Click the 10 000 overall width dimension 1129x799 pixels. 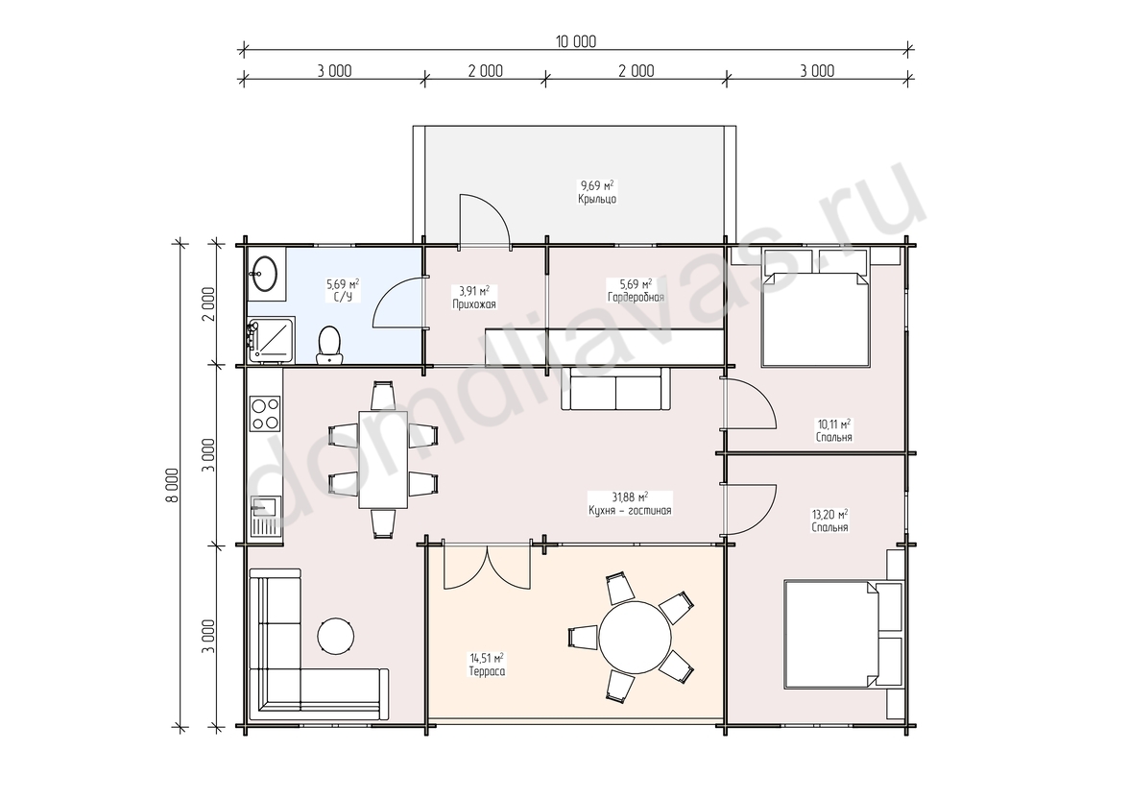click(x=575, y=42)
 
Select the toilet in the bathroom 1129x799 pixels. click(x=330, y=344)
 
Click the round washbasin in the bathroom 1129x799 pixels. click(x=264, y=273)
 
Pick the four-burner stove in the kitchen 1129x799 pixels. click(x=265, y=414)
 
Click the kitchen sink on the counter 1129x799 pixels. click(x=265, y=517)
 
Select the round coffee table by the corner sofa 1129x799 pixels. click(x=336, y=636)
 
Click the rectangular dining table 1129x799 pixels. click(x=383, y=459)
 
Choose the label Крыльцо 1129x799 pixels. click(x=597, y=199)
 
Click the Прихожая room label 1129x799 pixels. click(x=474, y=304)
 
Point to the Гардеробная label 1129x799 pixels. click(x=636, y=297)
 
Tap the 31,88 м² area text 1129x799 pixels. click(x=630, y=497)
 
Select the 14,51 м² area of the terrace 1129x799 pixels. click(x=487, y=658)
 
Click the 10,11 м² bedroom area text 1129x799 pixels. click(x=833, y=424)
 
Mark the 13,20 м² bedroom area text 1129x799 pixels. click(x=829, y=515)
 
